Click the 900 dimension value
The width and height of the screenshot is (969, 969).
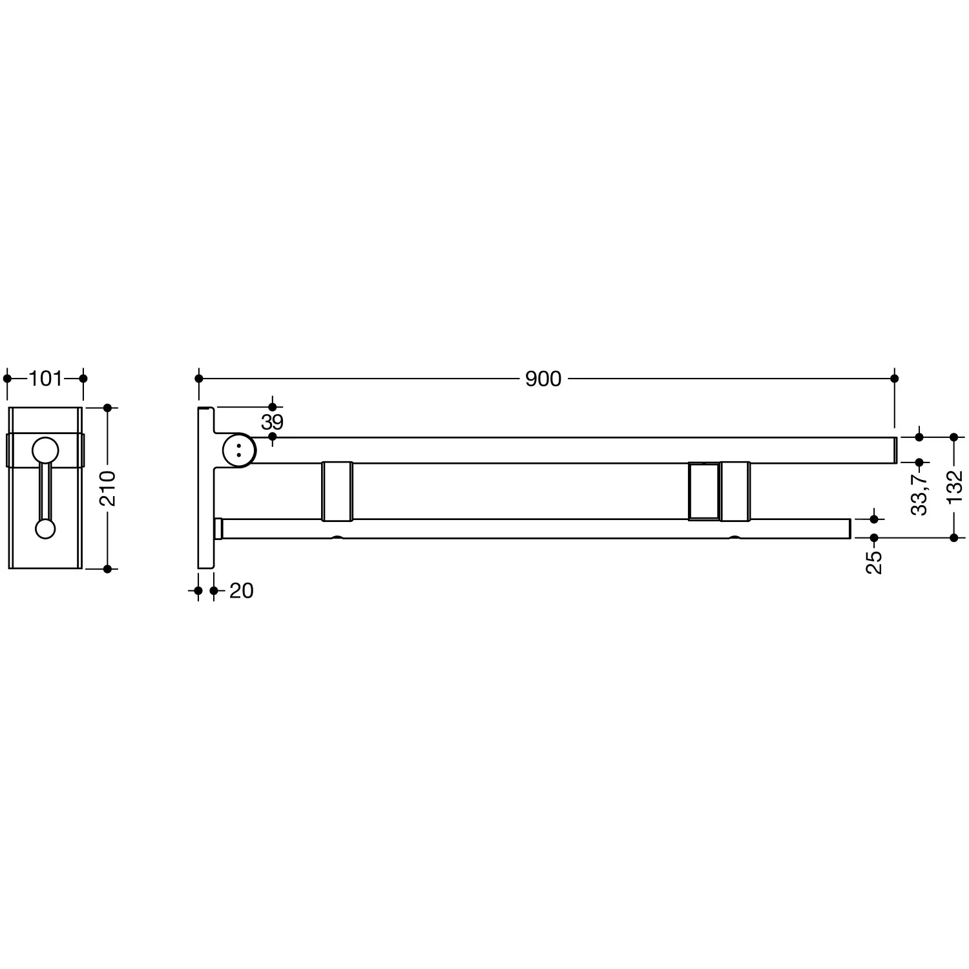[543, 379]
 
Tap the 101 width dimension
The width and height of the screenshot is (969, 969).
[45, 379]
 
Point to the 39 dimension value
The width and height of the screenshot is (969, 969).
[273, 422]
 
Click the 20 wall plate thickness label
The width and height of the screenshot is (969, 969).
[241, 590]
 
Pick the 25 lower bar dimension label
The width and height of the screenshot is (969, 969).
[874, 562]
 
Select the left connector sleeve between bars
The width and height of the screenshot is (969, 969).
[337, 491]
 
